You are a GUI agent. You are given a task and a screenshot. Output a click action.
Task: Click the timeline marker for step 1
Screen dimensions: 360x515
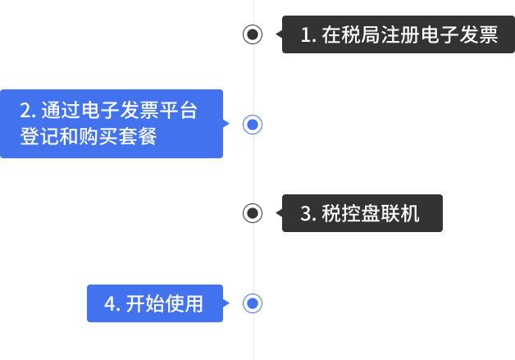click(253, 34)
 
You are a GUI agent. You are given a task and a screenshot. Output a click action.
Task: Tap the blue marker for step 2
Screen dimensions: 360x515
click(253, 124)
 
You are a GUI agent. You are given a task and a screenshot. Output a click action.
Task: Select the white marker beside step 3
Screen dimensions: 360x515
click(253, 213)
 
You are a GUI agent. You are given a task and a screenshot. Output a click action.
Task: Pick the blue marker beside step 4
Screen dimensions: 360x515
click(253, 303)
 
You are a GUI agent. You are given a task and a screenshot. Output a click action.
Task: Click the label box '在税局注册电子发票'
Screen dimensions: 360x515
click(398, 34)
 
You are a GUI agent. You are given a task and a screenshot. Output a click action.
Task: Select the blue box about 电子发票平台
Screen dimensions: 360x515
click(112, 123)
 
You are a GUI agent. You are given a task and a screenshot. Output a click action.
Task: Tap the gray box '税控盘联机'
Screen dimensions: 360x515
click(362, 213)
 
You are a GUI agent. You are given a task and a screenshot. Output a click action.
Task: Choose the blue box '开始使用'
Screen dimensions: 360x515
click(155, 303)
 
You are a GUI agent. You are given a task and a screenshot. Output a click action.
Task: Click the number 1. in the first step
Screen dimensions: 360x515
click(308, 35)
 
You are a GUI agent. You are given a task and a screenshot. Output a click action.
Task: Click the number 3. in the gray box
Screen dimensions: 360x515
click(308, 214)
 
